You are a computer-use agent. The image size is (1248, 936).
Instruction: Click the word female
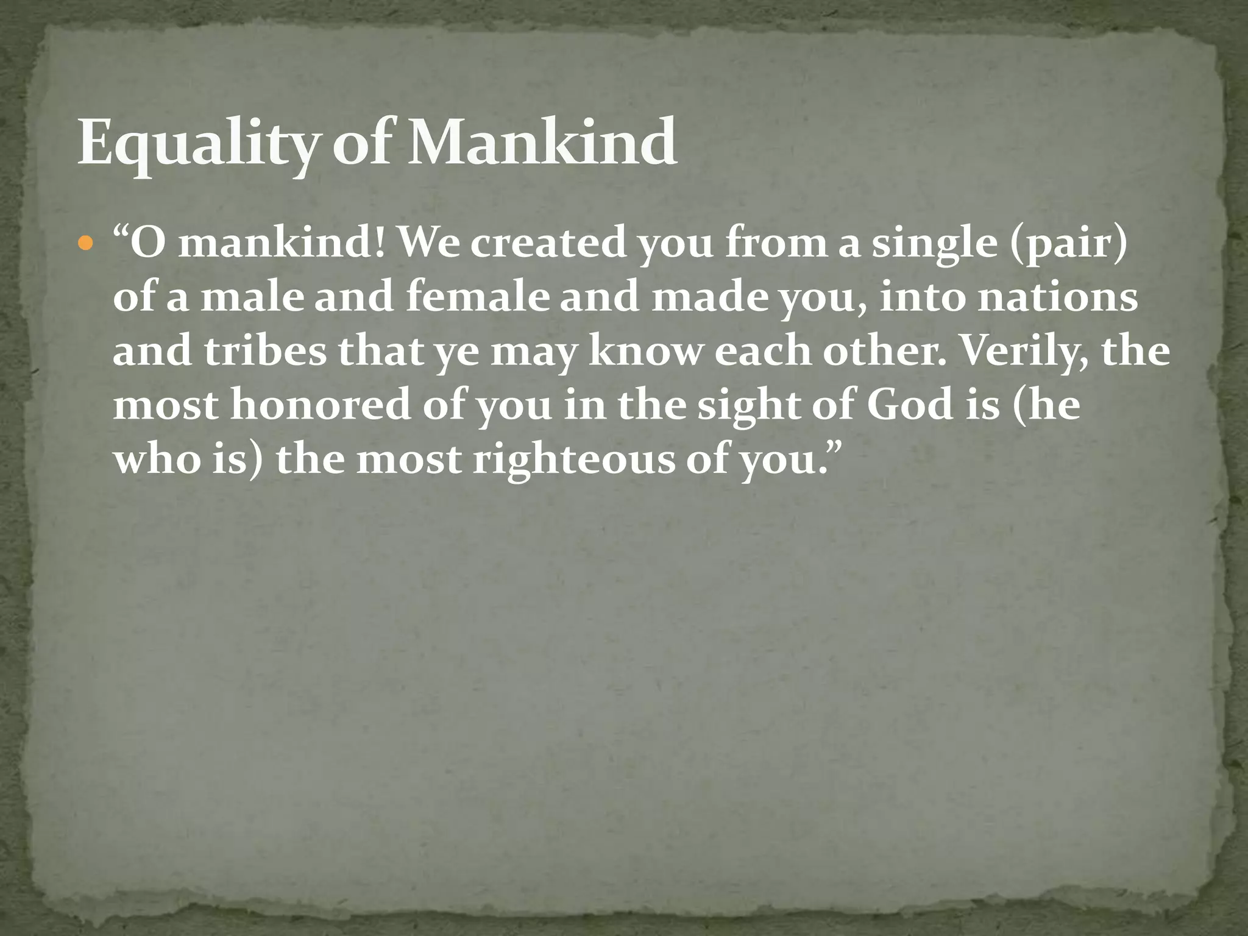(477, 297)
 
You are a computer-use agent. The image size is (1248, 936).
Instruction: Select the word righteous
(574, 460)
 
